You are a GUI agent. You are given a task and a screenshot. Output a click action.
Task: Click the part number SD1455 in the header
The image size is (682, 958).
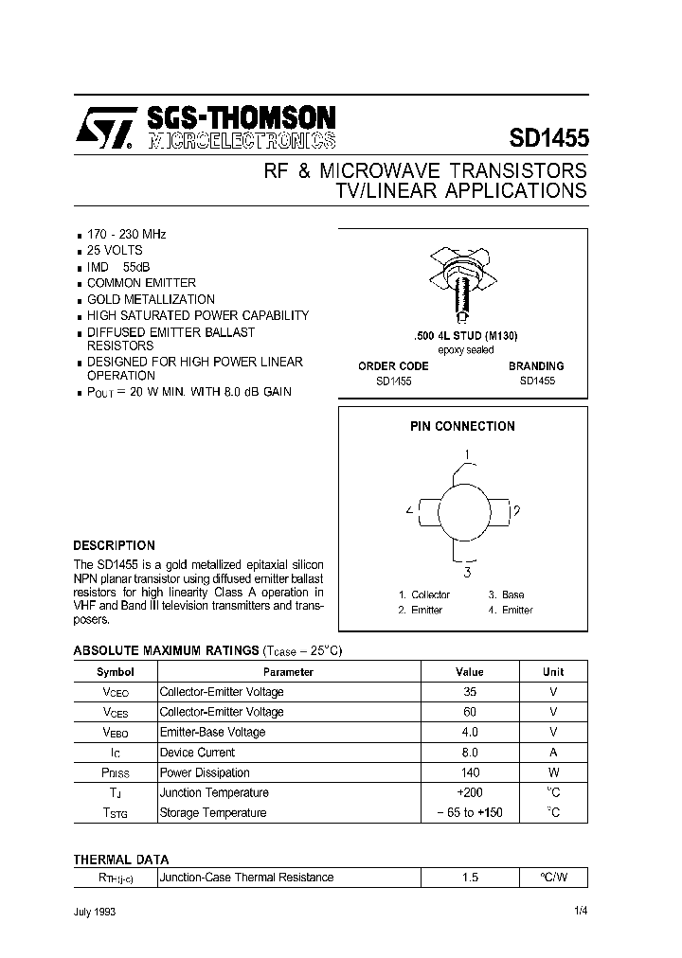click(548, 138)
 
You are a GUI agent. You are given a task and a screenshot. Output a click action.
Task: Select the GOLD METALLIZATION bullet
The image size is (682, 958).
click(151, 299)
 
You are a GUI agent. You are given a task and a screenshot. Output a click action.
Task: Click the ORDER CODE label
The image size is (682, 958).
click(393, 366)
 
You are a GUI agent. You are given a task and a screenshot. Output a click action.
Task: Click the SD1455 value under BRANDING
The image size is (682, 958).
click(537, 381)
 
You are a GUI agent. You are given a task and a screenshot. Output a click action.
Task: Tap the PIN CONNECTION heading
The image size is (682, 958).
click(462, 427)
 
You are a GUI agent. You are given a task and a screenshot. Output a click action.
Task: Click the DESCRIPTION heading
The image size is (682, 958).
click(114, 546)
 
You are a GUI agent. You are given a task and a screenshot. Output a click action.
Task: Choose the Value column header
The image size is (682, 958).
click(469, 672)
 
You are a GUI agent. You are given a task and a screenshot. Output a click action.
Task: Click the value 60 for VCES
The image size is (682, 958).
click(470, 712)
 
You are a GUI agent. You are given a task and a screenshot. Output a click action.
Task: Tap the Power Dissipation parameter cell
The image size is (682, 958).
click(205, 773)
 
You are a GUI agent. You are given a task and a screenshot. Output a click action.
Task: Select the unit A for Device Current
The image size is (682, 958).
click(553, 753)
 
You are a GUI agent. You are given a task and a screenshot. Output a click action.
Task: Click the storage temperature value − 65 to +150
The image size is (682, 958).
click(470, 813)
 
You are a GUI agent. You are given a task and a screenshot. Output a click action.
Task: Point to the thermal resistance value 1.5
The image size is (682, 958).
click(470, 878)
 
